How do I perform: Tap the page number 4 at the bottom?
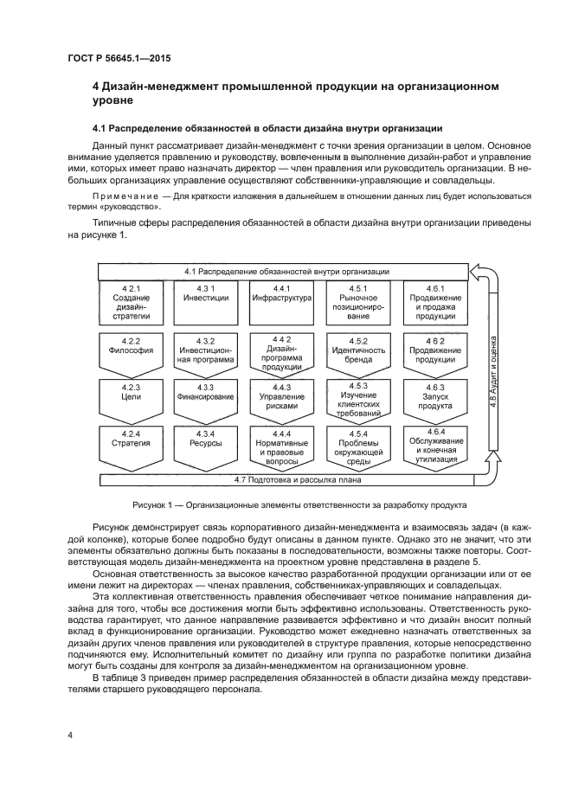coord(69,735)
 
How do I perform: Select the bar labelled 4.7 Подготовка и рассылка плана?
coord(297,478)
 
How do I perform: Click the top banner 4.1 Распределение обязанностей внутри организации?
coord(286,272)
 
